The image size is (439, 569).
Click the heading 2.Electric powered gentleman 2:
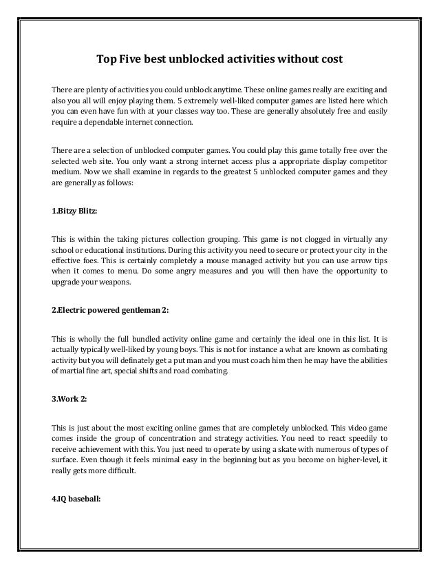click(110, 309)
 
